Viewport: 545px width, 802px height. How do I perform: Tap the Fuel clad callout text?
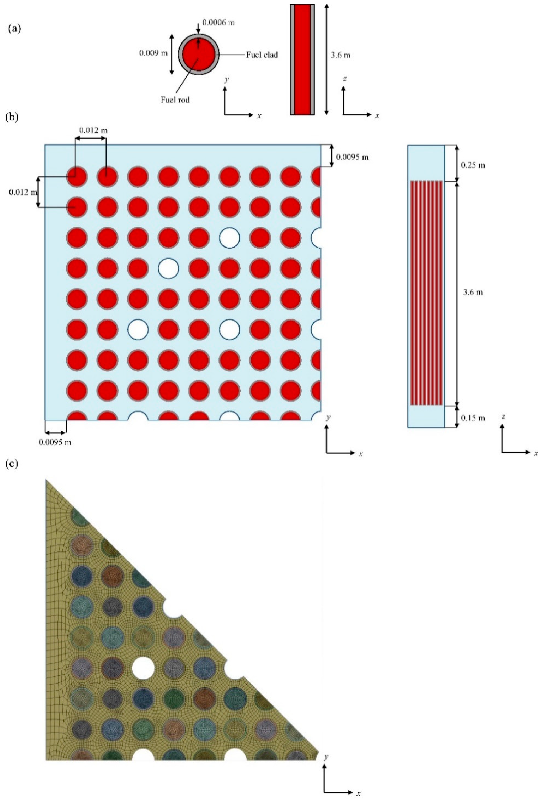click(262, 55)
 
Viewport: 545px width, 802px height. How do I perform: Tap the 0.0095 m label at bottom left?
click(55, 442)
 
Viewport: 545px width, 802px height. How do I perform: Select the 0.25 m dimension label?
click(473, 165)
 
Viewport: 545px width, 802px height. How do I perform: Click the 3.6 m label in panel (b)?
click(473, 292)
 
